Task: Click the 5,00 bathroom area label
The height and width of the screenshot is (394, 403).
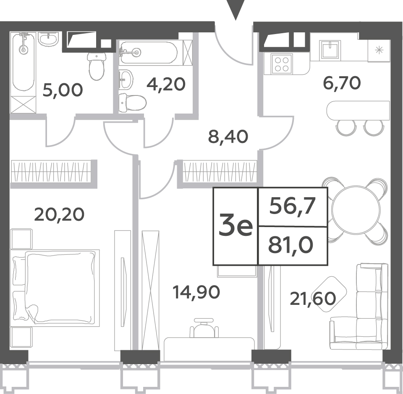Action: point(63,90)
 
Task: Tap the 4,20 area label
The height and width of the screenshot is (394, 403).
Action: point(166,84)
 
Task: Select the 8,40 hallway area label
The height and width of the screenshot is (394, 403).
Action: point(228,137)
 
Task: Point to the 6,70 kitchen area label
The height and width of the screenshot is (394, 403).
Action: point(342,83)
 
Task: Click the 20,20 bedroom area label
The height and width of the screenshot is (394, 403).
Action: point(59,214)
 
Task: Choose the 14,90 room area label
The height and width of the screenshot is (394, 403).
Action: point(196,292)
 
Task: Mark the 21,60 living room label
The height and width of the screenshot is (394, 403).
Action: point(313,299)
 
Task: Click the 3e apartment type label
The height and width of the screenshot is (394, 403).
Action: point(236,226)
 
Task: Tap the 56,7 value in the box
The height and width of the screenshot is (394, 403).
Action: point(292,206)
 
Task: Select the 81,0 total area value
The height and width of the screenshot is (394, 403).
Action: point(290,245)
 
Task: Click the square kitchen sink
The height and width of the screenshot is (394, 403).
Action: point(330,50)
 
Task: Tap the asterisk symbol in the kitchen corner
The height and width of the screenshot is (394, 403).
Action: point(379,50)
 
